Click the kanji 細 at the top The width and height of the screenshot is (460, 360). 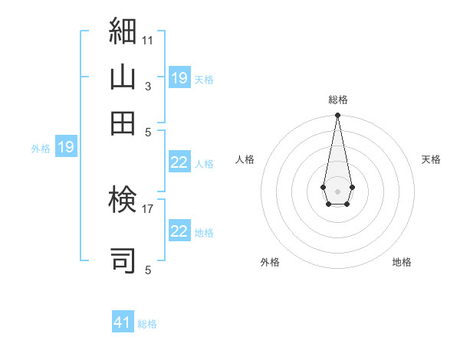tap(123, 31)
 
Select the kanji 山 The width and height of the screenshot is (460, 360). tap(123, 77)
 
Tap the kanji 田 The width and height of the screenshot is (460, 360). tap(123, 123)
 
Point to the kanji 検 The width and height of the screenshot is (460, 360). tap(123, 199)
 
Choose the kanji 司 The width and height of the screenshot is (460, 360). tap(123, 260)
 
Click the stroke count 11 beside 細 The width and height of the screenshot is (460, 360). tap(147, 41)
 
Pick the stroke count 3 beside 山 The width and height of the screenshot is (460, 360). tap(148, 87)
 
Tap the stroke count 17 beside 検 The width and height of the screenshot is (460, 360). tap(147, 209)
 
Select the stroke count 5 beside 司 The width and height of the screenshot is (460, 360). tap(148, 270)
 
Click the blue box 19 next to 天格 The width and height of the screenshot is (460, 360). tap(179, 77)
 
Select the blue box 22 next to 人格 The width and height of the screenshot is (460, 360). tap(179, 162)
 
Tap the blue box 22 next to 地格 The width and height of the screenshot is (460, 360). tap(179, 230)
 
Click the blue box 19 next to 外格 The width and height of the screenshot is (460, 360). tap(66, 146)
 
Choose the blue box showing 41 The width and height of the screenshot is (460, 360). tap(123, 321)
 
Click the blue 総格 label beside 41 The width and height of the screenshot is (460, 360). tap(147, 324)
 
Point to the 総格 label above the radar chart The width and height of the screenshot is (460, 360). tap(338, 100)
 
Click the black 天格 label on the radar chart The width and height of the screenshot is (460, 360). tap(431, 159)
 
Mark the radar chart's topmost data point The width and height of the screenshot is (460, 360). tap(337, 115)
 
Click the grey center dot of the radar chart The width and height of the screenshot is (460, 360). tap(337, 191)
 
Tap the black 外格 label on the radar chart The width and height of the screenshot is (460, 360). tap(270, 262)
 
